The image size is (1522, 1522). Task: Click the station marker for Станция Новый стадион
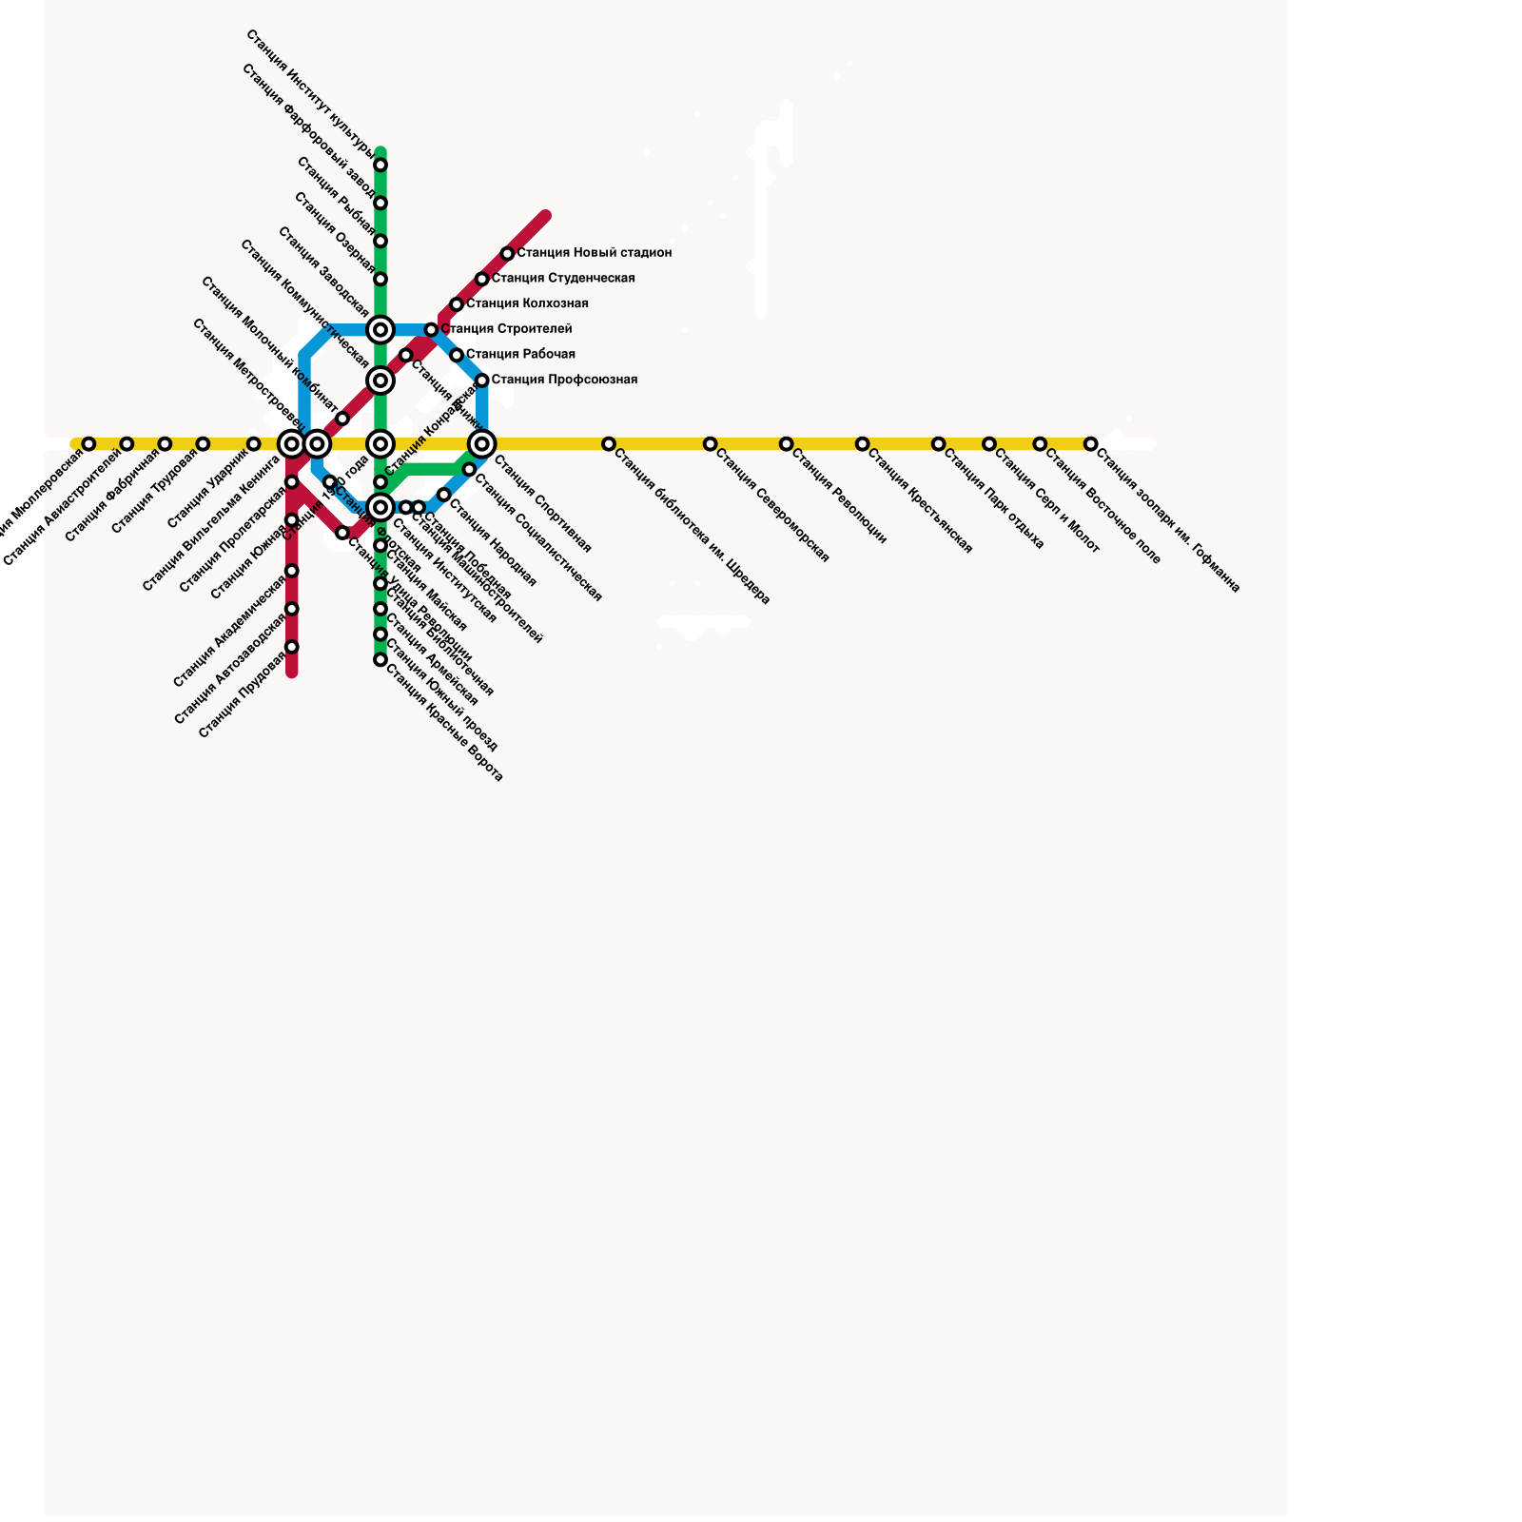(x=507, y=254)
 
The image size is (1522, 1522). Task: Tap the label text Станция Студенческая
(x=563, y=279)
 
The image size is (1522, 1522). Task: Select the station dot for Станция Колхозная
(x=457, y=304)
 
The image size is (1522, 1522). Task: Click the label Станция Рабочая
(x=520, y=355)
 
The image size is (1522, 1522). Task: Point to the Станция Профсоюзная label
(x=565, y=380)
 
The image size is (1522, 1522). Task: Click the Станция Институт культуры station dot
(x=380, y=166)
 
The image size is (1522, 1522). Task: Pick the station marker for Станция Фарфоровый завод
(x=380, y=203)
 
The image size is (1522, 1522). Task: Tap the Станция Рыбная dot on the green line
(x=380, y=241)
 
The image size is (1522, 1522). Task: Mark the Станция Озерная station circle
(x=380, y=279)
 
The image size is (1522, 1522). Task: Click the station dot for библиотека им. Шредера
(x=609, y=444)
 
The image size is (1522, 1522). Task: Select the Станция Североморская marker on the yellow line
(x=710, y=444)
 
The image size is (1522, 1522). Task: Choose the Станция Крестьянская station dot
(x=862, y=444)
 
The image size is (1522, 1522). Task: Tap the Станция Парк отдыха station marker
(x=939, y=444)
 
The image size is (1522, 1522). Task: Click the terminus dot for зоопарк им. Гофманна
(x=1091, y=444)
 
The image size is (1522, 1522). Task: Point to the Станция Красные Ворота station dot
(x=380, y=659)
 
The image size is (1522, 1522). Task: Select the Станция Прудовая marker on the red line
(x=292, y=647)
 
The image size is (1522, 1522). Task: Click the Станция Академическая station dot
(x=292, y=571)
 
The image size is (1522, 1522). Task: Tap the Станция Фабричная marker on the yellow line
(x=165, y=444)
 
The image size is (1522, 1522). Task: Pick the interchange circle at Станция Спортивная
(x=482, y=444)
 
